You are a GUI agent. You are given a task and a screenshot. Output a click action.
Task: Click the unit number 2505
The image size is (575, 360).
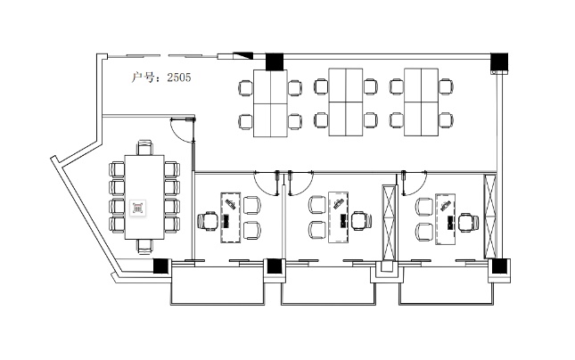point(179,78)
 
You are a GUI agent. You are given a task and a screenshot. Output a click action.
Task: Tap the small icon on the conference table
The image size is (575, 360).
point(138,208)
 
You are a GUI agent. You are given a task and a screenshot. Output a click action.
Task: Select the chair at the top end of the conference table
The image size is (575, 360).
point(144,147)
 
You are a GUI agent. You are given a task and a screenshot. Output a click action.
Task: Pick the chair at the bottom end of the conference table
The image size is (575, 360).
point(144,246)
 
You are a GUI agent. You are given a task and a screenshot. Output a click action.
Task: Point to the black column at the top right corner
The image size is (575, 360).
point(499,61)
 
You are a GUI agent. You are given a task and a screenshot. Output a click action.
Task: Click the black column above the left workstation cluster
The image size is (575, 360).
point(275,61)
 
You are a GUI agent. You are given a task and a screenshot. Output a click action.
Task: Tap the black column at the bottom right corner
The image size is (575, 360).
point(498,266)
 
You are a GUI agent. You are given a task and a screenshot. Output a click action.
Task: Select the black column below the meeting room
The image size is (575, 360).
point(160,266)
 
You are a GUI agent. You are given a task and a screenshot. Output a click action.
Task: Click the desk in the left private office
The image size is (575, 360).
point(230,217)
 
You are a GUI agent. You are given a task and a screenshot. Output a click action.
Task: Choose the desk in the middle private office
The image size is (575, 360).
point(338,217)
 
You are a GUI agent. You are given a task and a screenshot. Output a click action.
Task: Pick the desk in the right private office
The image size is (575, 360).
point(445,219)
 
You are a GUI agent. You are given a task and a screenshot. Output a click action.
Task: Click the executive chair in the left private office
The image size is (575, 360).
point(209,221)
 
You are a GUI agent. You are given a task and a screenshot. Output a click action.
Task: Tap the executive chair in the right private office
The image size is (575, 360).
point(468,223)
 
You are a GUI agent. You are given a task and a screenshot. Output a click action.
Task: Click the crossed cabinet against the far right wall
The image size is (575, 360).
point(490,217)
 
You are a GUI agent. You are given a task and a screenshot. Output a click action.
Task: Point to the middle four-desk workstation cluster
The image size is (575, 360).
point(346,102)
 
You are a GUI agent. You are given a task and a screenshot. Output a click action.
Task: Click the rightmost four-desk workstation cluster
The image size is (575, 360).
point(422,102)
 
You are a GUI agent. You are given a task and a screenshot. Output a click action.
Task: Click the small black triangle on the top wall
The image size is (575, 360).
point(242,56)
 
